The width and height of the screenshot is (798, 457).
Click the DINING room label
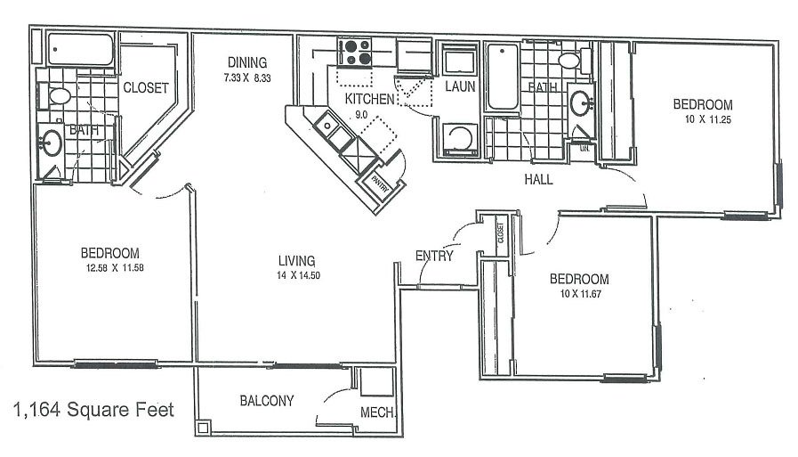(246, 61)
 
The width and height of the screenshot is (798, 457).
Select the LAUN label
(460, 86)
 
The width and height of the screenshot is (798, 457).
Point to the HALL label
(538, 179)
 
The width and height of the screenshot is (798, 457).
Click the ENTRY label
(434, 257)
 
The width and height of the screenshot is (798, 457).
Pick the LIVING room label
(296, 260)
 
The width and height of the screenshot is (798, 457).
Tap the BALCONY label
(267, 401)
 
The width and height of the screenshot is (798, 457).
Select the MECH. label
(377, 412)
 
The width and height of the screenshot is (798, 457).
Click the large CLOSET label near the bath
(147, 87)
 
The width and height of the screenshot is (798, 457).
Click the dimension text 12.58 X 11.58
(112, 266)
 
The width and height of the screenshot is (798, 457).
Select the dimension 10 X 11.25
(703, 119)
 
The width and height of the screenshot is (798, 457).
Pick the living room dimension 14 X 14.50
(297, 275)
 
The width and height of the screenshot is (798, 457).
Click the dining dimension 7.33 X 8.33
(246, 78)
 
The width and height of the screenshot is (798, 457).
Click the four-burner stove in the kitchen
(353, 52)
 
